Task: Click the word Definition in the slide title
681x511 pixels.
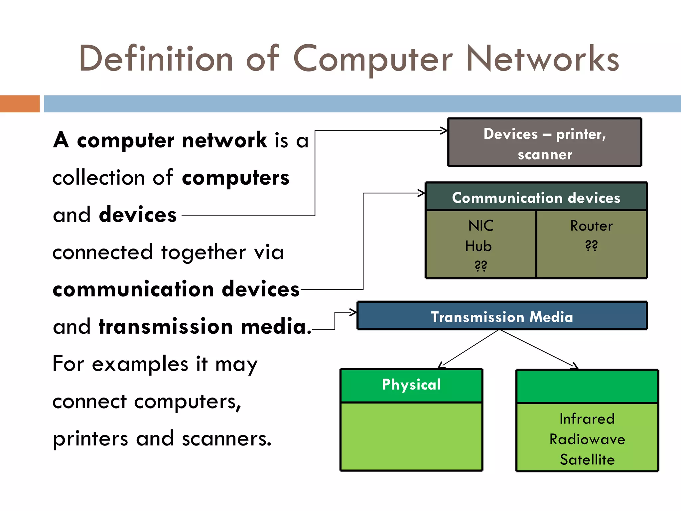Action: pos(156,59)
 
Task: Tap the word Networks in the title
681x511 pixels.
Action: pos(542,59)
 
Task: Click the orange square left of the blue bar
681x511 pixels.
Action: pos(20,104)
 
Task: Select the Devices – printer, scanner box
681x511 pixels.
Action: pos(545,142)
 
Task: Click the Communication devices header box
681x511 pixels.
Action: pos(536,197)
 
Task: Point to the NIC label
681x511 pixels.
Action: pos(480,226)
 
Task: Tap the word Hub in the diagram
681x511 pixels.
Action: pos(478,246)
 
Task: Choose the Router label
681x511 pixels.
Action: pos(591,226)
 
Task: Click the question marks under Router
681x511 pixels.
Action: pos(591,246)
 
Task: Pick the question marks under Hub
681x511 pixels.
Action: pos(480,266)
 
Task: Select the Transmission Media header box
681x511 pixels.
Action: pos(502,316)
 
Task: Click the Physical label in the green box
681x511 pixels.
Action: pos(411,385)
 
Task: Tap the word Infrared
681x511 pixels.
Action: pos(587,419)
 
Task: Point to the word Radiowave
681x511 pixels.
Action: pos(587,439)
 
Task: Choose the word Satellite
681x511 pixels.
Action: pos(587,459)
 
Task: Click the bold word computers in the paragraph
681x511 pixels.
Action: pos(235,178)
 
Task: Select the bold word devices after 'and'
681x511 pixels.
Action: pos(138,215)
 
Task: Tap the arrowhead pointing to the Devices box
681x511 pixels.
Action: pos(444,131)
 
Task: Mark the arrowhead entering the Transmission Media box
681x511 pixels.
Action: pos(353,312)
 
